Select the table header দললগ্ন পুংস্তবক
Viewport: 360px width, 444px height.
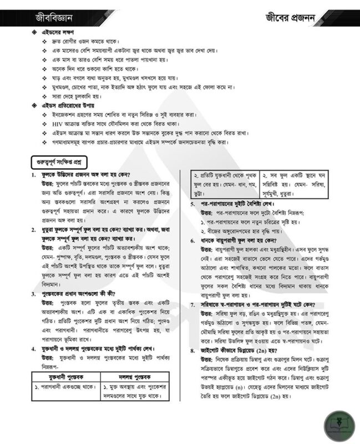tap(136, 377)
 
